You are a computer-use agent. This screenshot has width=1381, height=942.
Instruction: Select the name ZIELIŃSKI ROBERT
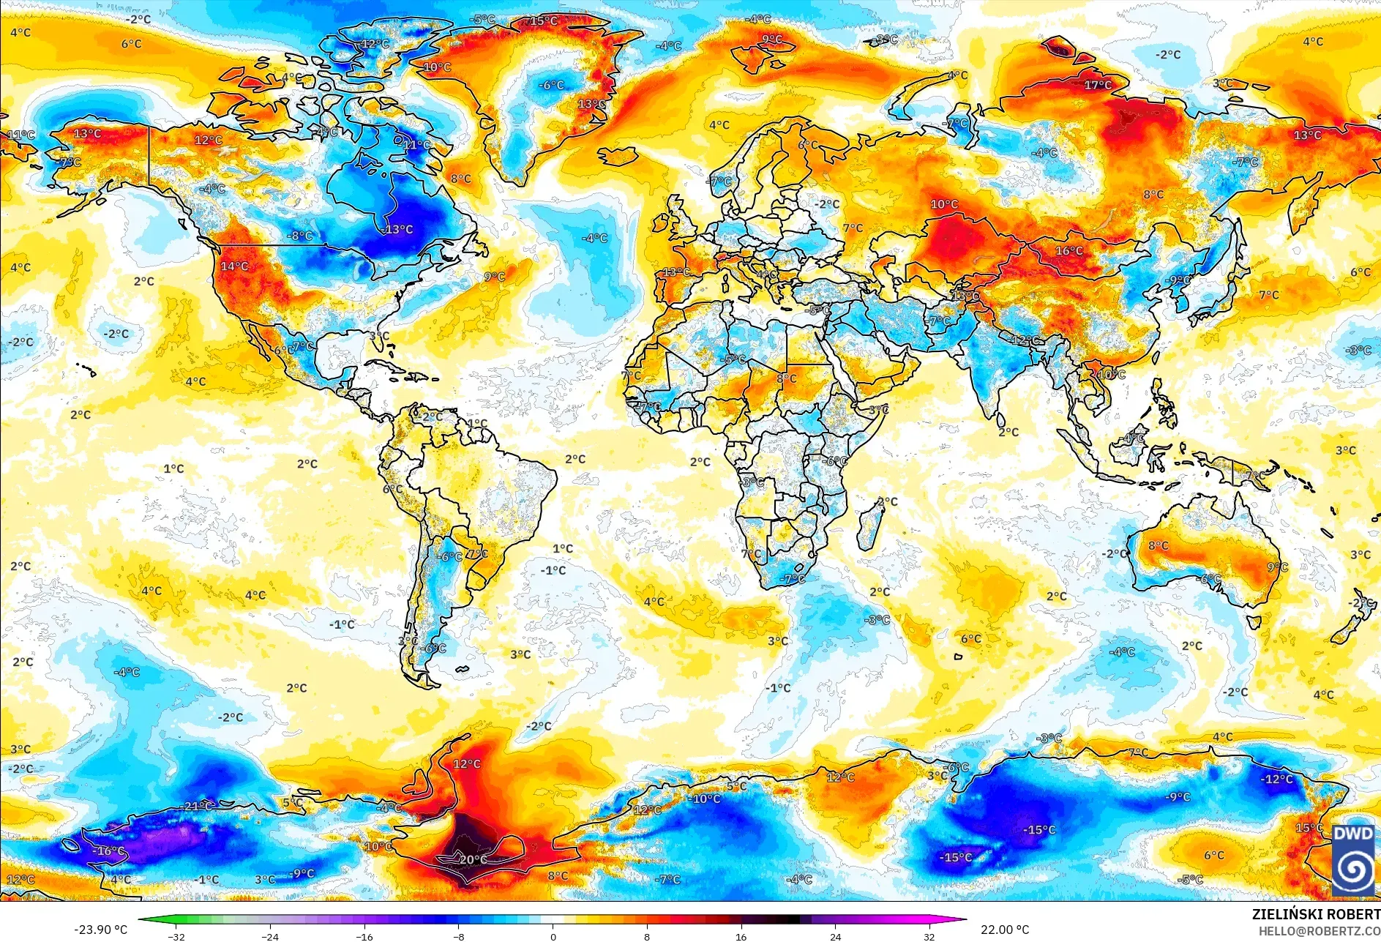click(1315, 914)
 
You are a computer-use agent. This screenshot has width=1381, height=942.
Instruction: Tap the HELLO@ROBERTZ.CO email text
click(1319, 930)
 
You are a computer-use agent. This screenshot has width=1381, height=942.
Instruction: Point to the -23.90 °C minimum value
click(100, 930)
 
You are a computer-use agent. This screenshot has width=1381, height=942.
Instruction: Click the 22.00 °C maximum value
click(1004, 930)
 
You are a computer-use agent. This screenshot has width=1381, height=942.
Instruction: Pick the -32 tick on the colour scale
click(176, 936)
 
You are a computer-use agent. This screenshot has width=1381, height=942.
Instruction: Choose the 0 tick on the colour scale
click(553, 936)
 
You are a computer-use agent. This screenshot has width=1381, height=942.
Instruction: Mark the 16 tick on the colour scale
click(741, 936)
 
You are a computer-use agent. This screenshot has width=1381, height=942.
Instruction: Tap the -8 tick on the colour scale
click(459, 936)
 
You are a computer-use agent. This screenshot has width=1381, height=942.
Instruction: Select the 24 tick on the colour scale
click(835, 936)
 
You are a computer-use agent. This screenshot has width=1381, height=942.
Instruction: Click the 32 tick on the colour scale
click(929, 936)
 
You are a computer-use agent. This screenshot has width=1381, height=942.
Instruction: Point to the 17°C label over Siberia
click(1097, 85)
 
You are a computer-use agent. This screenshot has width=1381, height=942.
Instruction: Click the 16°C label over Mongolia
click(1069, 250)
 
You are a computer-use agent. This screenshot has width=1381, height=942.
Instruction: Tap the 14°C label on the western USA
click(234, 266)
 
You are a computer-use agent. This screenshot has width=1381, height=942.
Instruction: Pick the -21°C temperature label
click(197, 806)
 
